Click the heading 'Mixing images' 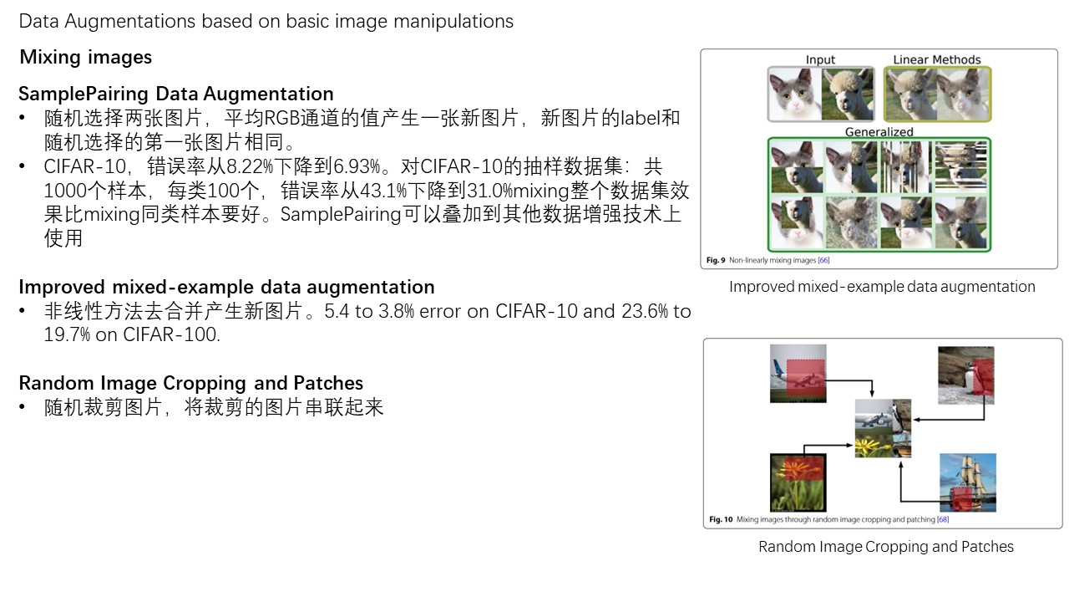pos(85,58)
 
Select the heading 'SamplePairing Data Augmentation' pos(176,94)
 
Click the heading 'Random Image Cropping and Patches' pos(190,383)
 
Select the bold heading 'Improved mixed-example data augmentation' pos(226,288)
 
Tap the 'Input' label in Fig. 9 pos(820,60)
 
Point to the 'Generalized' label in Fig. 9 pos(879,132)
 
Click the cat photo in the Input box pos(793,94)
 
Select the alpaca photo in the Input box pos(846,94)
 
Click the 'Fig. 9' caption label pos(717,261)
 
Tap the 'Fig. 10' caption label pos(721,519)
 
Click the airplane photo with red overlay pos(798,374)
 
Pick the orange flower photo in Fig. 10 pos(798,482)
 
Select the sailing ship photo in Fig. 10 pos(968,482)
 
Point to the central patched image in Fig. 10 pos(882,427)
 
